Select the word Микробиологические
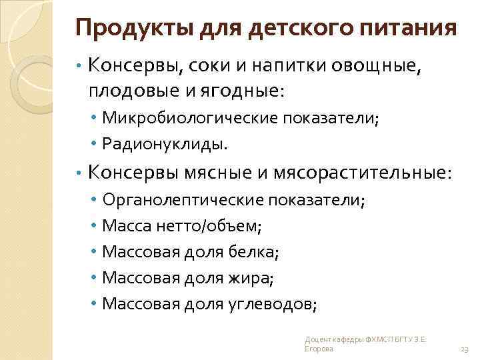pos(190,118)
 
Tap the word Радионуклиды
pos(164,143)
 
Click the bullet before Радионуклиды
pos(96,143)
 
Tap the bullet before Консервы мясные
pos(79,173)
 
